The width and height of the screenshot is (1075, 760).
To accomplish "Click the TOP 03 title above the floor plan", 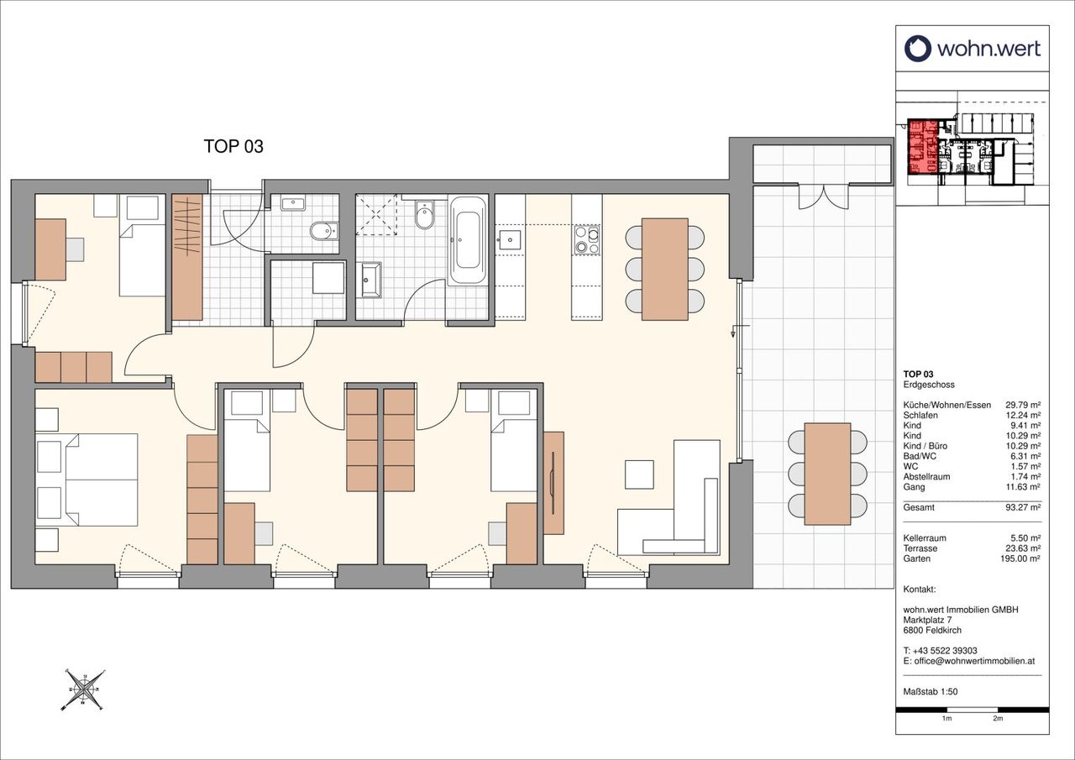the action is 233,146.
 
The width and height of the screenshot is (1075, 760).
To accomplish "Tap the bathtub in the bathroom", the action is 468,240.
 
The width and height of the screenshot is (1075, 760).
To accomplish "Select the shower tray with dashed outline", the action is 376,214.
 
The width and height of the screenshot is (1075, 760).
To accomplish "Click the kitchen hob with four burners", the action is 587,240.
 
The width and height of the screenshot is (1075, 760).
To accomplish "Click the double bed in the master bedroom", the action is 87,480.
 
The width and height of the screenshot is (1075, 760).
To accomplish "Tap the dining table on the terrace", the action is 827,474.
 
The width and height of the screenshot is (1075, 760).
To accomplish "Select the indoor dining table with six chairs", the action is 665,269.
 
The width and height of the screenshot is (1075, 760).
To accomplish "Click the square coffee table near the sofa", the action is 639,474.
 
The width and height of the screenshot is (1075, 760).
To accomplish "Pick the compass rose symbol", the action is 83,690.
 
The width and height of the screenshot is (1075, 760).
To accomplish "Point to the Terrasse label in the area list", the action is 920,548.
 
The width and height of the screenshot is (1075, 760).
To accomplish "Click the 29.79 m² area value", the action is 1023,405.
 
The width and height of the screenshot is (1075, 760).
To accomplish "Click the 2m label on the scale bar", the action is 998,731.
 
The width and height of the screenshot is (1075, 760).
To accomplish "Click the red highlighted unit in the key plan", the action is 923,147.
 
